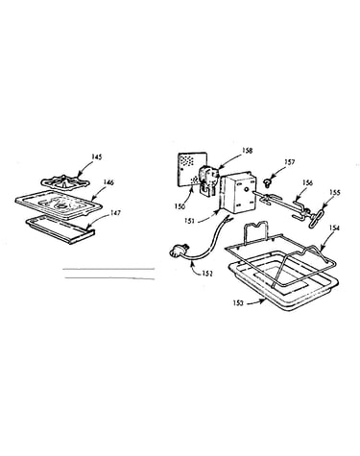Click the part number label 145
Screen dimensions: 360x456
(96, 156)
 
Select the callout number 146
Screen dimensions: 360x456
(108, 182)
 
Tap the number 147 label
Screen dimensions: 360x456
(115, 213)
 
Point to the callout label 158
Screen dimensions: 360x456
(247, 150)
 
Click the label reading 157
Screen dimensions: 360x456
(289, 163)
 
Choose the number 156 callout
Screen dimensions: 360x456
(307, 183)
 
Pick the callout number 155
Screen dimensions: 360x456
(335, 193)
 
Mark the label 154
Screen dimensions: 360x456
(334, 228)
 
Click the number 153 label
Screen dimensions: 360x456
(238, 302)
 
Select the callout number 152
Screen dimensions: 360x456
(207, 274)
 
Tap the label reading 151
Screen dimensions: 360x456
(189, 221)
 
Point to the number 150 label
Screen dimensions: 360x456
(180, 206)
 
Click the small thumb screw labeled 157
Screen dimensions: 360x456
(266, 183)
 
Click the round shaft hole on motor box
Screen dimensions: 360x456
(246, 190)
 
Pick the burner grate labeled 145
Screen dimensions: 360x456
(65, 182)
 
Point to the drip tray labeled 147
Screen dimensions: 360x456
(60, 229)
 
